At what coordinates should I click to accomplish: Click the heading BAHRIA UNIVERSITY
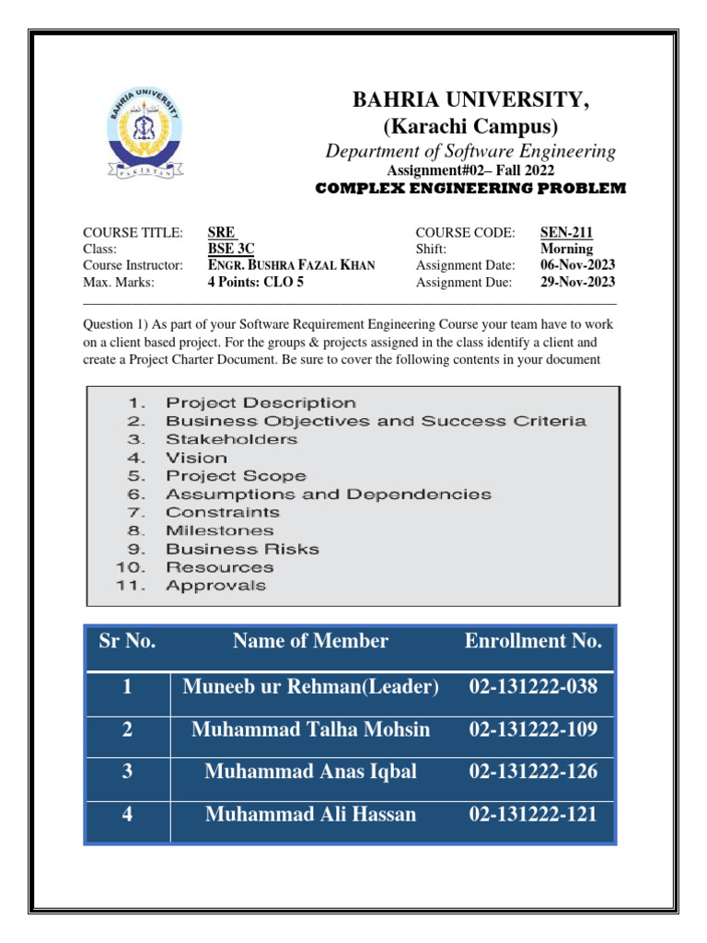coord(471,100)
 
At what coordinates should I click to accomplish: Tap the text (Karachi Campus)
coord(470,126)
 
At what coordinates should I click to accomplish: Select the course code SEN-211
coord(566,232)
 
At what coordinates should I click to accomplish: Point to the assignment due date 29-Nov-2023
coord(577,283)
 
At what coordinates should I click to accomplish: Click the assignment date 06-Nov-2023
coord(577,265)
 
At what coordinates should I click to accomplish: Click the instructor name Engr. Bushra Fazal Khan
coord(291,265)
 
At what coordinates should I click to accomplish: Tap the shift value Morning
coord(566,249)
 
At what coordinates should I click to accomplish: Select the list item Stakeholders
coord(231,439)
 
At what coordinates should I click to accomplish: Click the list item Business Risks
coord(242,549)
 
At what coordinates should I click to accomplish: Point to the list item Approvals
coord(215,585)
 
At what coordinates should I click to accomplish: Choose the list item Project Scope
coord(236,476)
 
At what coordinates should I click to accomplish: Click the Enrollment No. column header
coord(533,641)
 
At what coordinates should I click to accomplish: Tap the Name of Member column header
coord(310,641)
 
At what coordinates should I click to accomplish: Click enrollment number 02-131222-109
coord(533,729)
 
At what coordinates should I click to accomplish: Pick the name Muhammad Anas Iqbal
coord(310,772)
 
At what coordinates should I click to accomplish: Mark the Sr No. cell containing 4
coord(127,814)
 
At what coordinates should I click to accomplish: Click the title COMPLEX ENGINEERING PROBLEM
coord(470,188)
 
